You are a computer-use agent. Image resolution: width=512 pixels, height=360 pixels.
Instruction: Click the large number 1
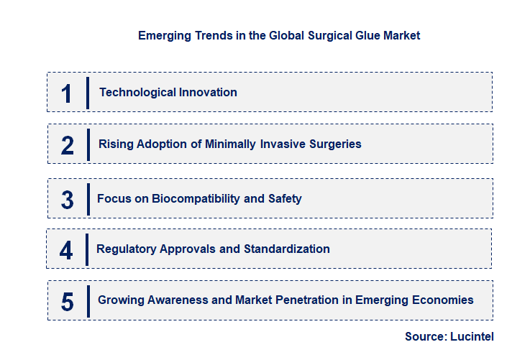(x=67, y=93)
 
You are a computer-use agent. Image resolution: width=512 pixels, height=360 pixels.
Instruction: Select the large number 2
(x=68, y=144)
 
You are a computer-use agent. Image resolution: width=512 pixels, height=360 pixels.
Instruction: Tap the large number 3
(x=67, y=199)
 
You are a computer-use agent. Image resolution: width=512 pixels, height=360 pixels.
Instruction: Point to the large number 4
(x=66, y=250)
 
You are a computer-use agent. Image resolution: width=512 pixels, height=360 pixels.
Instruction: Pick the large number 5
(x=67, y=301)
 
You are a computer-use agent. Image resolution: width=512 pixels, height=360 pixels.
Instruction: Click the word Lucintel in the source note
(x=472, y=336)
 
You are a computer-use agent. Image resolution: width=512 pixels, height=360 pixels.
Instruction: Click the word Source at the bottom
(x=425, y=336)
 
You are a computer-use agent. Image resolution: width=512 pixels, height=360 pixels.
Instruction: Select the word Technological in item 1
(x=133, y=92)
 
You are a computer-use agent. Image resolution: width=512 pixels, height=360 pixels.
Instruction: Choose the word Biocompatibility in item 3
(x=196, y=198)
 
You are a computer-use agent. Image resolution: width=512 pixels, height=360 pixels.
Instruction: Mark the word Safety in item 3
(x=284, y=198)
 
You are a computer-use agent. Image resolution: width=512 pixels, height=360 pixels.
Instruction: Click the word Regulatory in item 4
(x=126, y=249)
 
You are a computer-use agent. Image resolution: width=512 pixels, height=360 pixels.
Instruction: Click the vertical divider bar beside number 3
(x=88, y=198)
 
